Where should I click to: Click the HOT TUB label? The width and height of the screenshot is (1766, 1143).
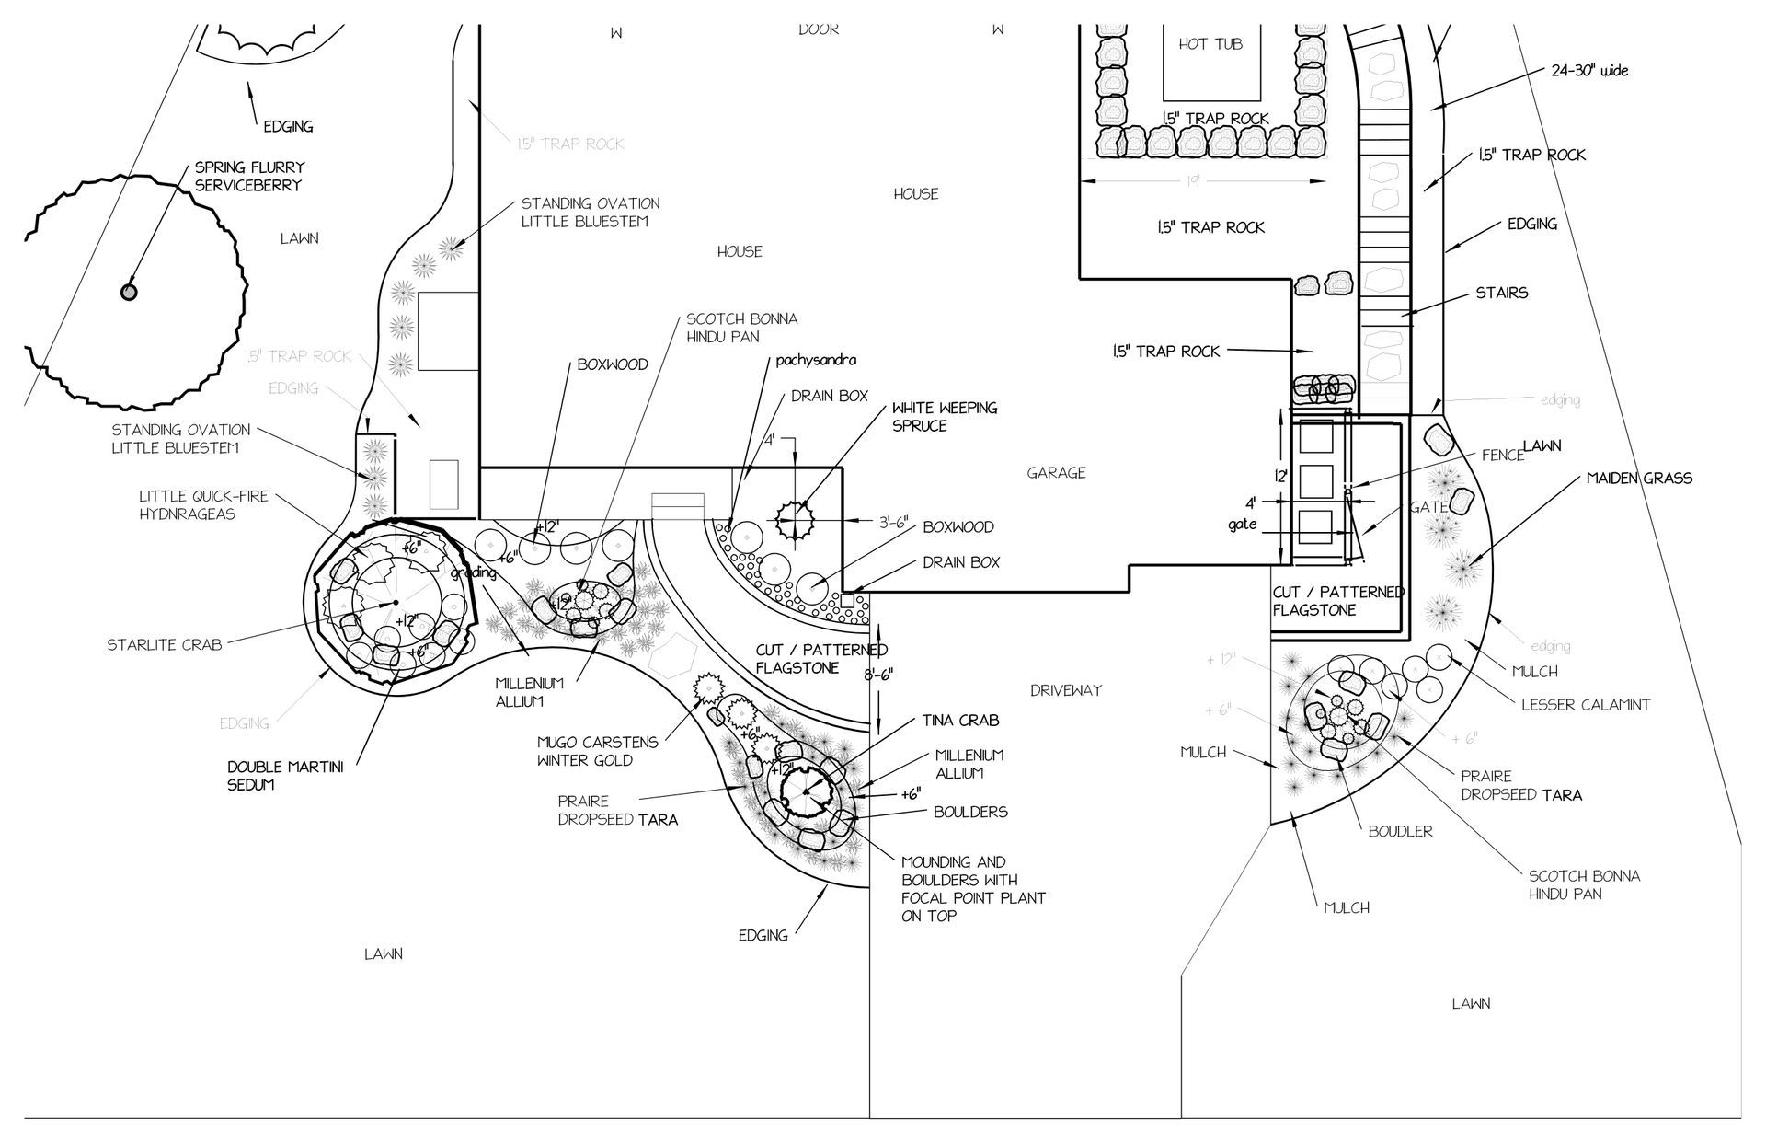tap(1210, 44)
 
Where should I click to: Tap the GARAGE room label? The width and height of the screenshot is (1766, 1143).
tap(1057, 472)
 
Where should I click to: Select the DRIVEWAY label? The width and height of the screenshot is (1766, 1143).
tap(1065, 690)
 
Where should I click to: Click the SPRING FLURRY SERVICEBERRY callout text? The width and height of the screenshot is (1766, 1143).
tap(249, 176)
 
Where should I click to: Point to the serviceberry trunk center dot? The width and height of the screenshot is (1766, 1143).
tap(129, 292)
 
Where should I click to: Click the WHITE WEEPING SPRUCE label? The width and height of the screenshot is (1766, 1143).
tap(944, 416)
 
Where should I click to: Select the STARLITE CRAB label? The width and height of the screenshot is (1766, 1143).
tap(164, 644)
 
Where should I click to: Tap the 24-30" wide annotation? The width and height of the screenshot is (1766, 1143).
tap(1589, 70)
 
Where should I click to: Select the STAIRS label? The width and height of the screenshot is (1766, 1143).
tap(1501, 293)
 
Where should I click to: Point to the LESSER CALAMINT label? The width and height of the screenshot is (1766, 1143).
tap(1585, 705)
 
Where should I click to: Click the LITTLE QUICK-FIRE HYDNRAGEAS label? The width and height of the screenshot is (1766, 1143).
tap(203, 504)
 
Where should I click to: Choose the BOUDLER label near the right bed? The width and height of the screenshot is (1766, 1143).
tap(1400, 831)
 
